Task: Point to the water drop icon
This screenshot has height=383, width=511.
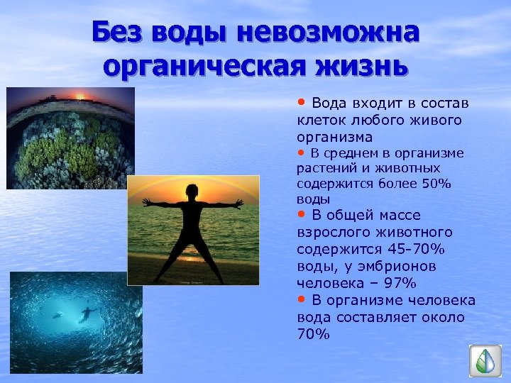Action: click(x=485, y=360)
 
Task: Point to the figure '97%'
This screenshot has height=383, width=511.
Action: click(x=399, y=284)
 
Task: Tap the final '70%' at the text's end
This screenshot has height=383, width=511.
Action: click(x=313, y=334)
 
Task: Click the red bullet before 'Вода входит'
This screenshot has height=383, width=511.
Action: click(x=302, y=103)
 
